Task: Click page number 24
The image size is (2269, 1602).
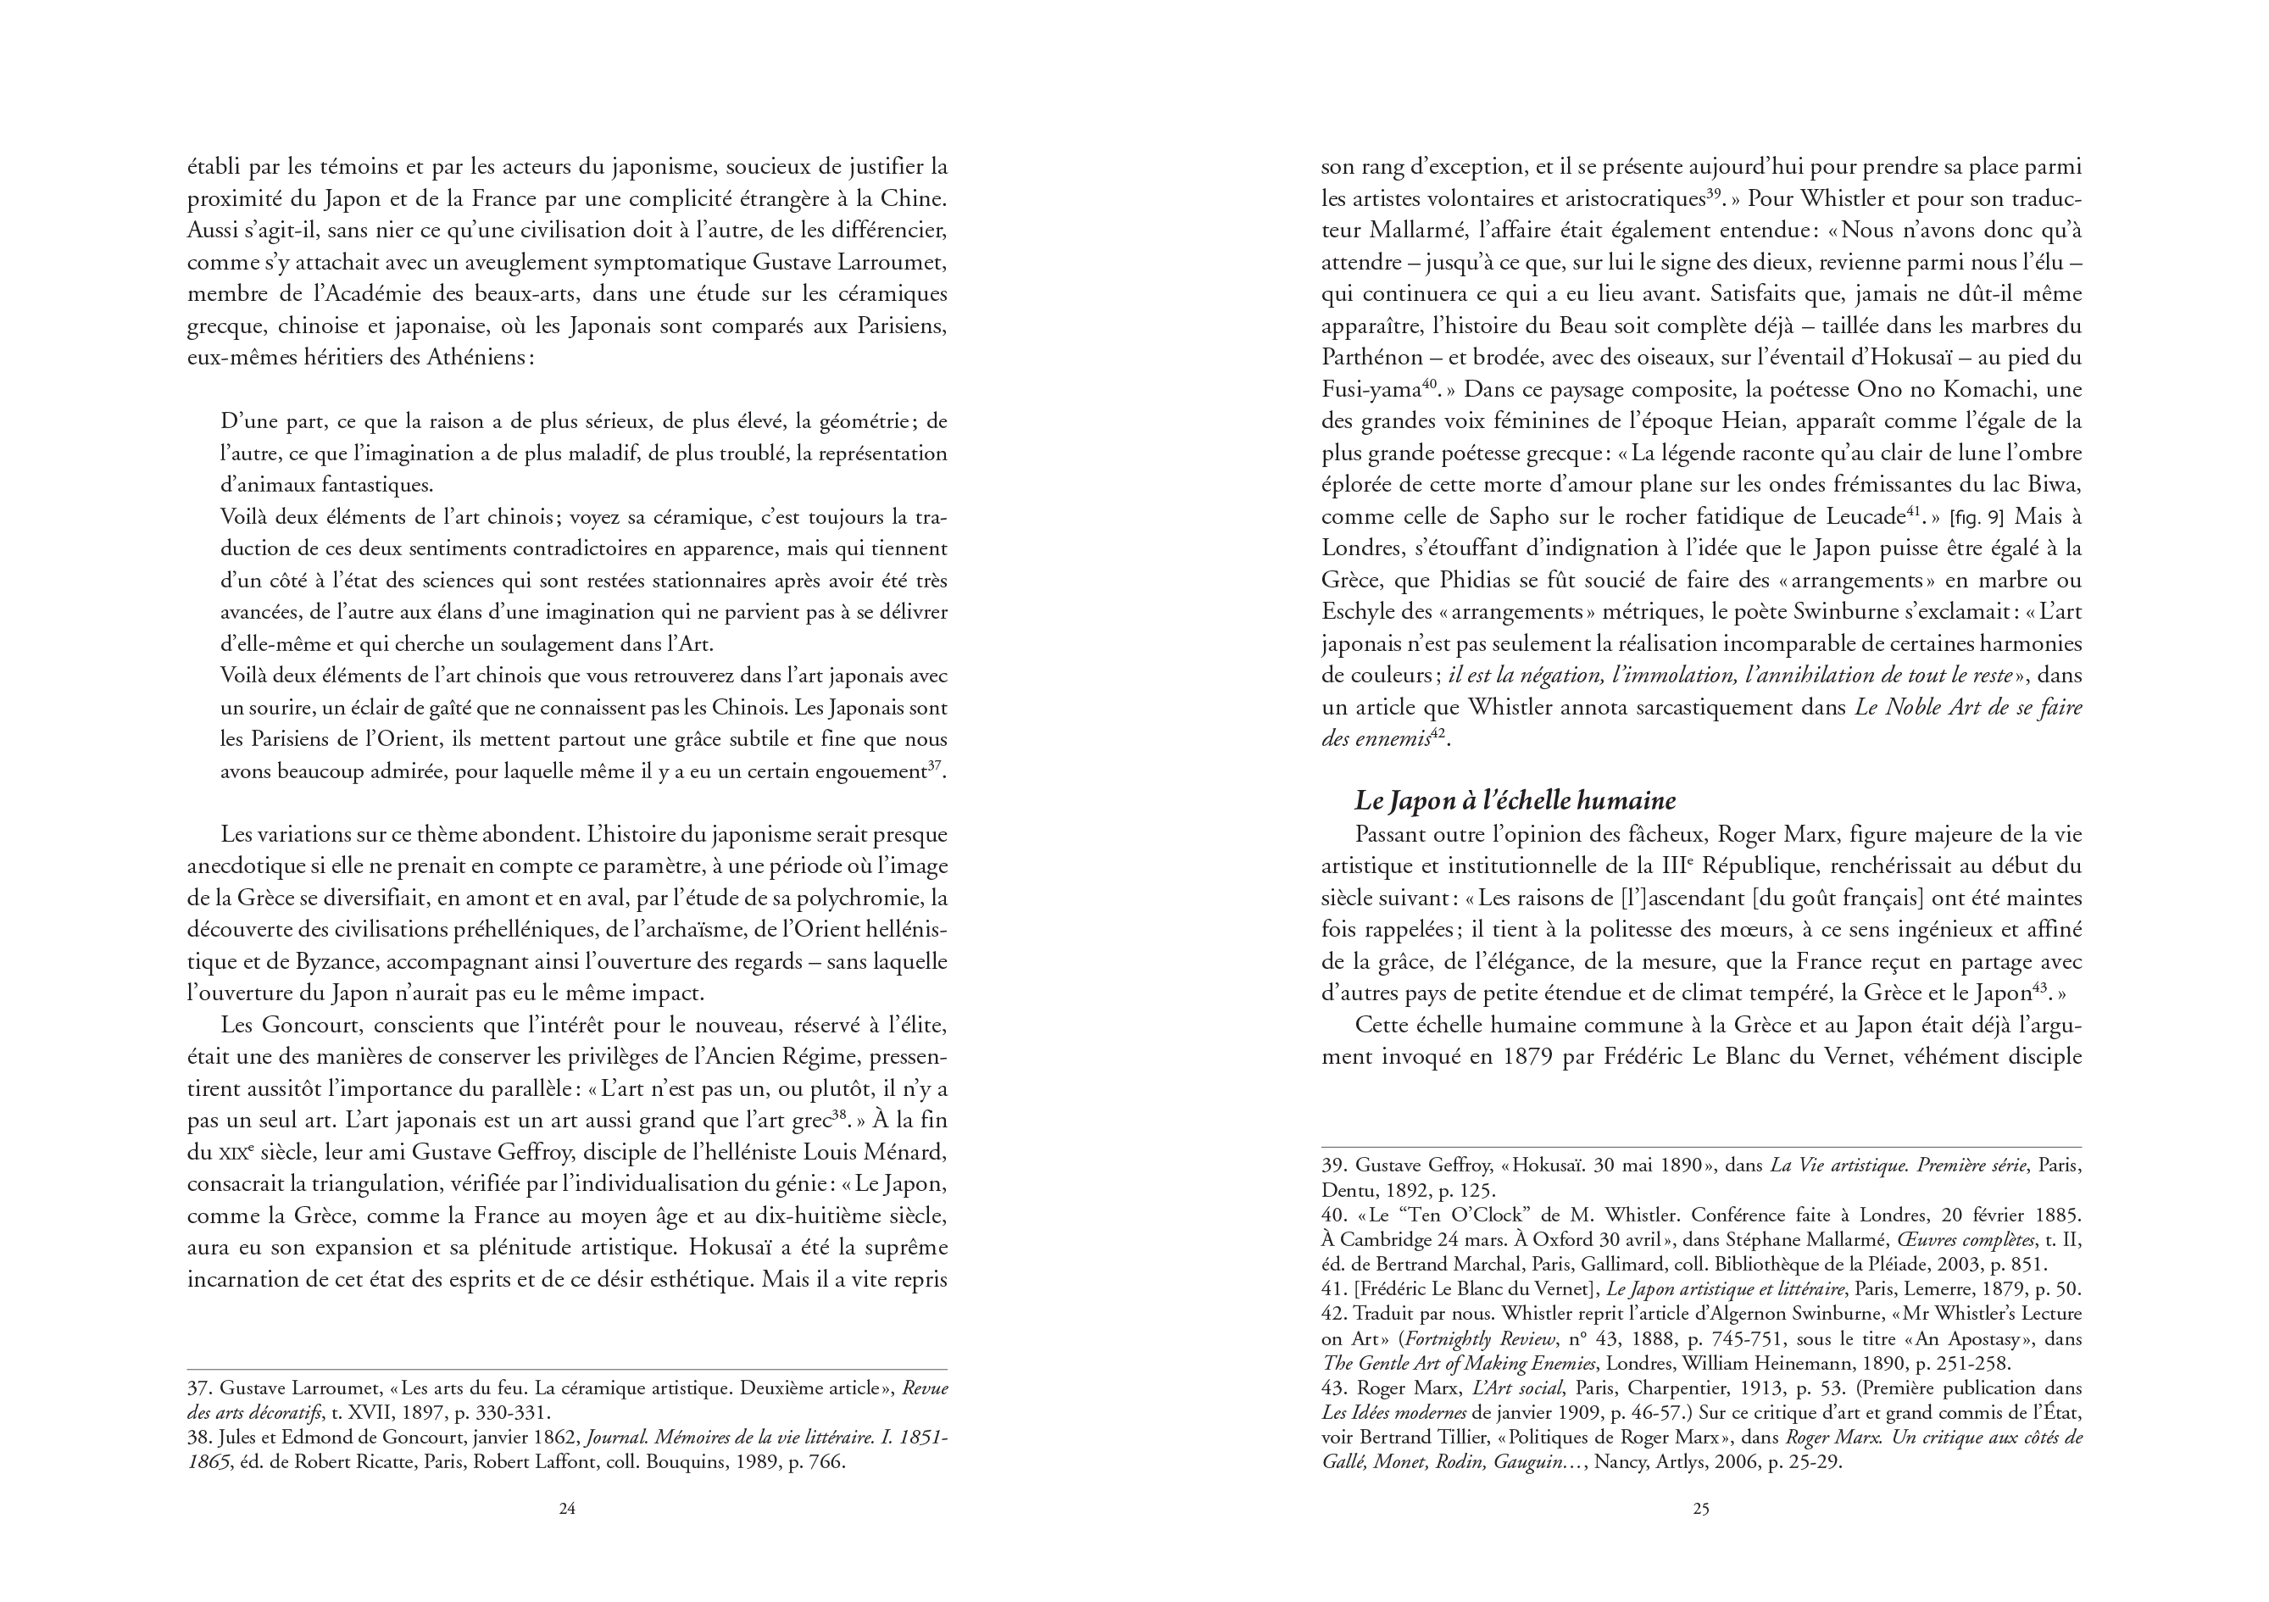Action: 566,1509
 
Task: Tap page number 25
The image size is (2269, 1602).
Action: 1701,1509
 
